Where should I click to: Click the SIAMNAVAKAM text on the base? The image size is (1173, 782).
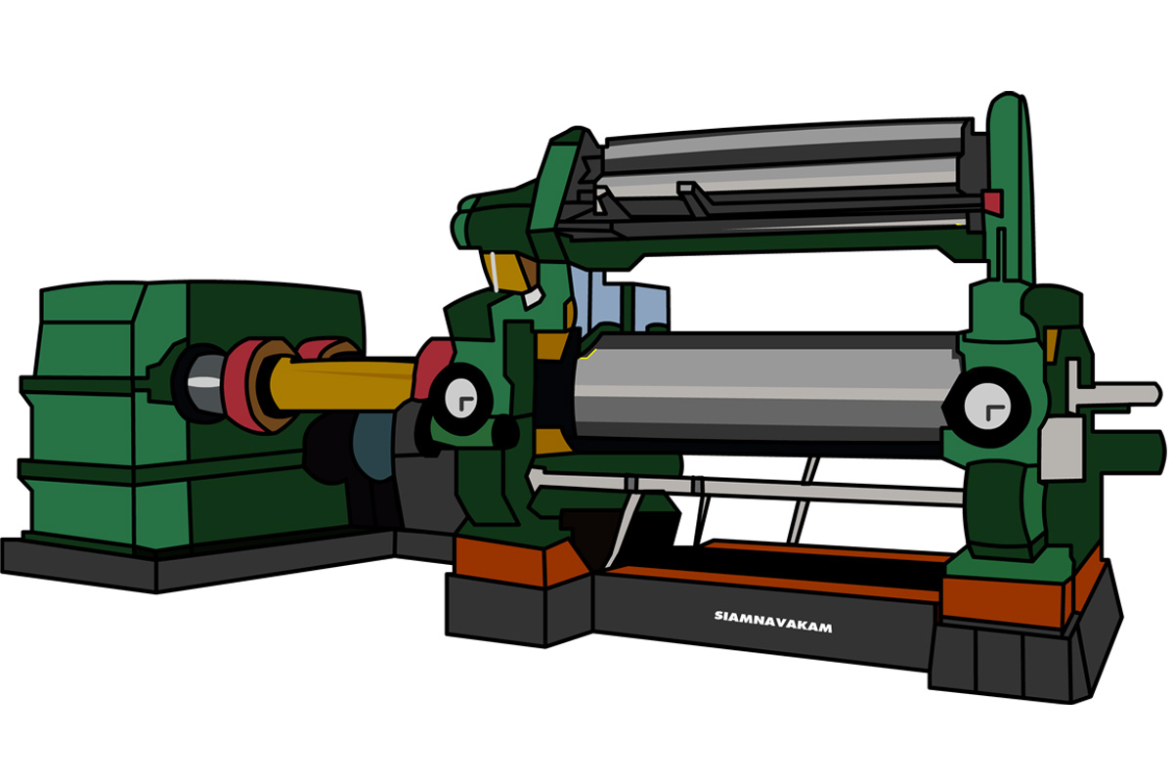click(773, 622)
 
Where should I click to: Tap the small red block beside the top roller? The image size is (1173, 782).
click(993, 202)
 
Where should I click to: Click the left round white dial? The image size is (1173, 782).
click(460, 399)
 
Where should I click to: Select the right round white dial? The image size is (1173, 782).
click(987, 407)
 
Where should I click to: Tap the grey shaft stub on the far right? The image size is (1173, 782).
click(1115, 394)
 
